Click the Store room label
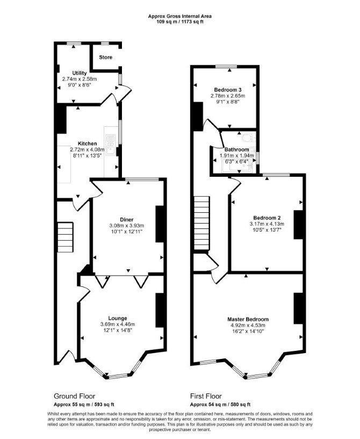[x=105, y=57]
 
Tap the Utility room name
[x=80, y=73]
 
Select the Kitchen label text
[x=88, y=143]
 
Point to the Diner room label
[x=126, y=220]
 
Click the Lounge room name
[x=118, y=318]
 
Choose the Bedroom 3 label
[x=228, y=90]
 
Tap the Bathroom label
[x=236, y=149]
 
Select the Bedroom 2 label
[x=267, y=218]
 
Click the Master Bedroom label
[x=248, y=319]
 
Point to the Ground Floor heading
[x=74, y=396]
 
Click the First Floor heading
[x=206, y=396]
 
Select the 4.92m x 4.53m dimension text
[x=248, y=325]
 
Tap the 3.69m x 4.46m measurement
[x=118, y=325]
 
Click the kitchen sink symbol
[x=110, y=145]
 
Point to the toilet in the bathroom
[x=248, y=138]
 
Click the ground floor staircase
[x=65, y=237]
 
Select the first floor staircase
[x=201, y=223]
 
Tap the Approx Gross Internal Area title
[x=179, y=16]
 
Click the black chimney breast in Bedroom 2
[x=298, y=225]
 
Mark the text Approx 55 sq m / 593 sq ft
[x=84, y=405]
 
